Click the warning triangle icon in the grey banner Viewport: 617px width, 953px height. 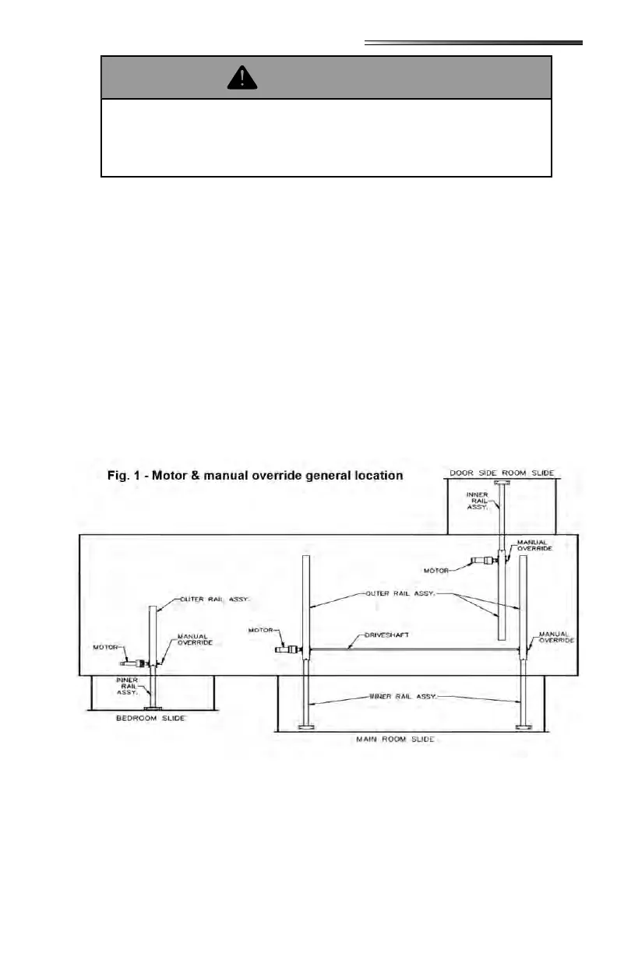coord(242,77)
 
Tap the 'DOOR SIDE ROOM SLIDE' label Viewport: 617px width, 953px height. coord(502,473)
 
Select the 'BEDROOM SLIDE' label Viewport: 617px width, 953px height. coord(151,718)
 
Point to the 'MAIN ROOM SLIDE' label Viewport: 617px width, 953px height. coord(416,738)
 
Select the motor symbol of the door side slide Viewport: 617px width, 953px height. coord(483,559)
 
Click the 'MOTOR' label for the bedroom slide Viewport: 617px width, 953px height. coord(105,646)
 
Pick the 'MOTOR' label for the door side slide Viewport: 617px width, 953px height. coord(438,570)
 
